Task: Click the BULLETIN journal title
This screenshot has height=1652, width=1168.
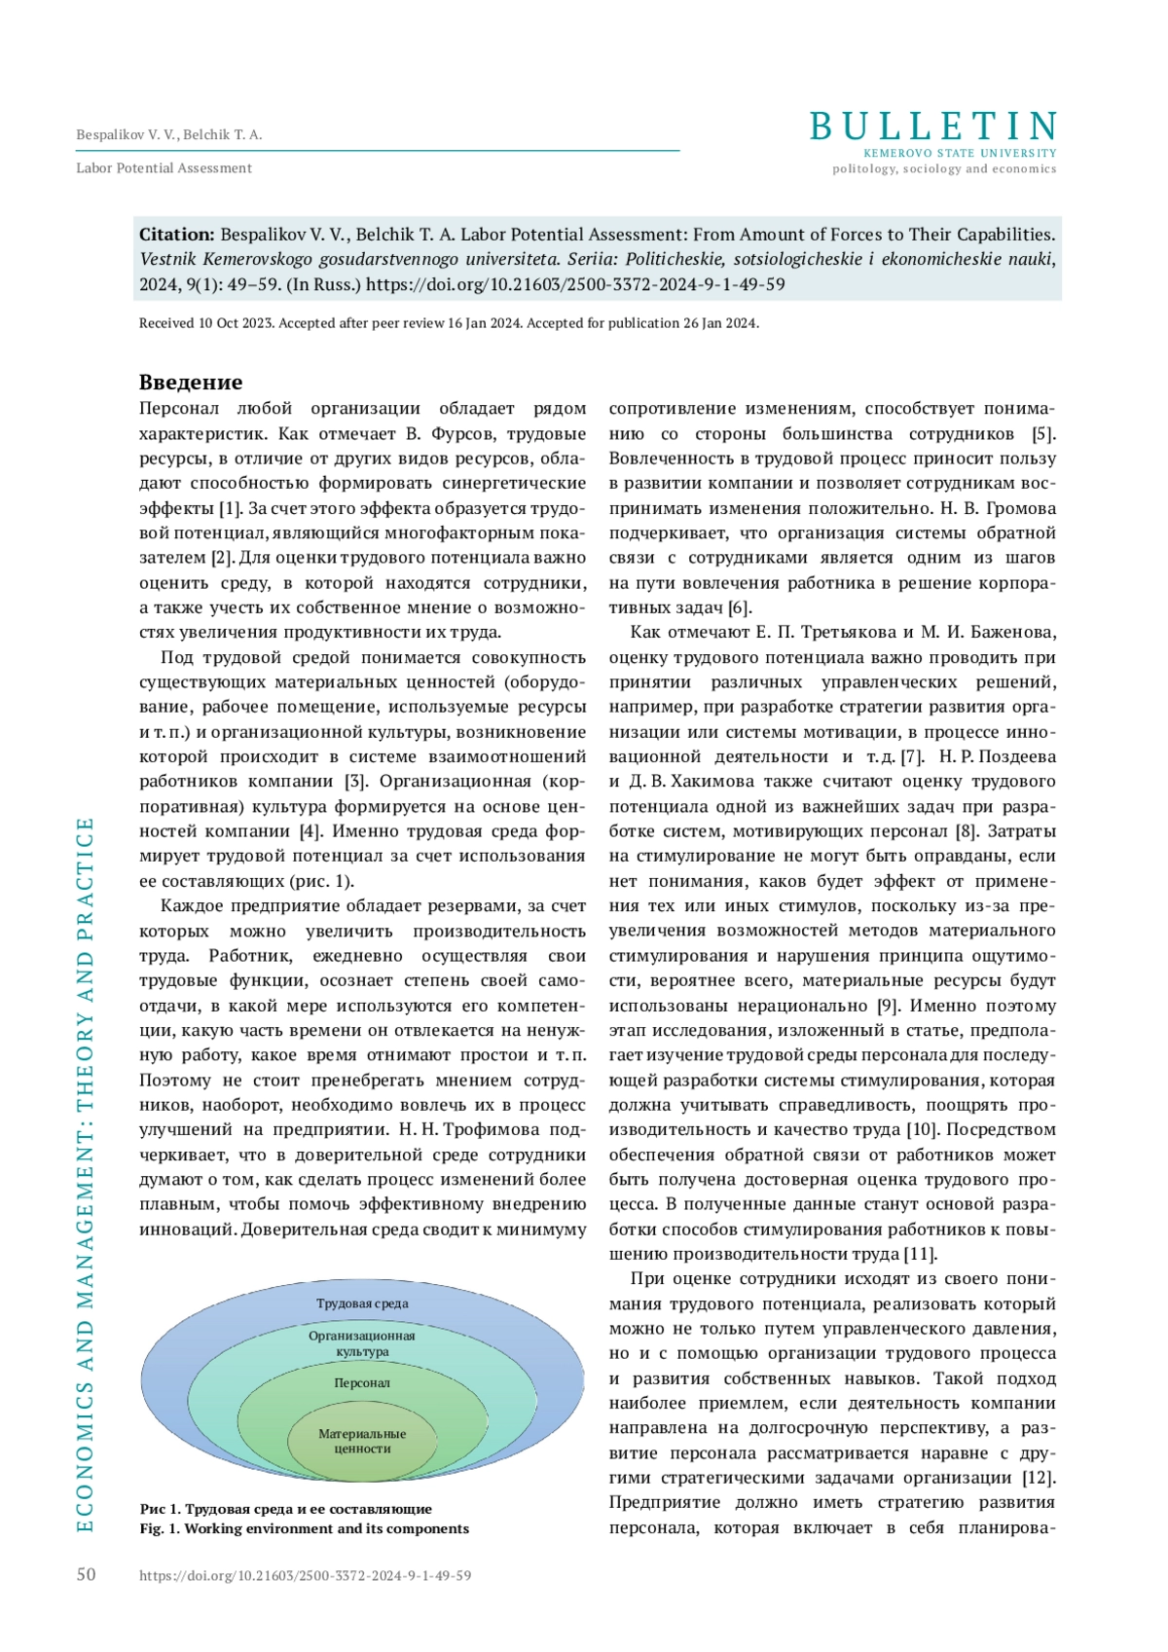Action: pos(932,127)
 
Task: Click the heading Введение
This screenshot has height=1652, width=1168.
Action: pos(191,382)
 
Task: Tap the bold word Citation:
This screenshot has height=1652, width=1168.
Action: pos(176,235)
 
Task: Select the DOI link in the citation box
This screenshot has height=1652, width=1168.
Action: pos(575,285)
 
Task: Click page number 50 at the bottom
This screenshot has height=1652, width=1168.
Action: pos(87,1574)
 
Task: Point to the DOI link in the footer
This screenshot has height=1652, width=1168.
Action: pos(305,1575)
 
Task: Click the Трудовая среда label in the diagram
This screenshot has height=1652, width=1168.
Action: pos(362,1303)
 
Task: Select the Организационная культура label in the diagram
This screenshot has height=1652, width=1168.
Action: pos(362,1343)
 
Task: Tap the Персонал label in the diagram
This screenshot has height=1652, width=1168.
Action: pos(362,1382)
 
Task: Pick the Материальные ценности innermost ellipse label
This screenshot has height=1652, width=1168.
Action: pos(362,1441)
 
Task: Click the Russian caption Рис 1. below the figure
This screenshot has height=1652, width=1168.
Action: pos(285,1509)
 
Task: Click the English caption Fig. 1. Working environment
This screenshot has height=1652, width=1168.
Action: pos(304,1528)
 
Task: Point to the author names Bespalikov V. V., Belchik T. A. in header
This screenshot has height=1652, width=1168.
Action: pos(169,135)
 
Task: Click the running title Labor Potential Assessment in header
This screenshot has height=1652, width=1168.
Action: pos(164,168)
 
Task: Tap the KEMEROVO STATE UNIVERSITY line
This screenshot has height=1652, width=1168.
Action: pos(960,153)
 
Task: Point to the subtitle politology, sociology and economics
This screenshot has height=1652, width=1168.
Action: pos(943,168)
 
